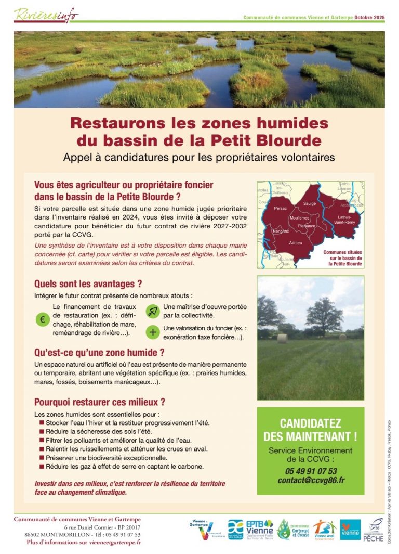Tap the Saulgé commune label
pyautogui.click(x=309, y=203)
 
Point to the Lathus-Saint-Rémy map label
pyautogui.click(x=345, y=220)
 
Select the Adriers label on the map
pyautogui.click(x=296, y=243)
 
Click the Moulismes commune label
pyautogui.click(x=300, y=218)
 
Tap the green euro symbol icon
pyautogui.click(x=42, y=319)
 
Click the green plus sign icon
pyautogui.click(x=152, y=332)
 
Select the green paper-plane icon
pyautogui.click(x=152, y=311)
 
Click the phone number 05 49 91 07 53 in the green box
pyautogui.click(x=311, y=471)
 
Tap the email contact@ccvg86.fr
pyautogui.click(x=311, y=480)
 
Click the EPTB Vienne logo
pyautogui.click(x=259, y=529)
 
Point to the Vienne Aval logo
pyautogui.click(x=325, y=529)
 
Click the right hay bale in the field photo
pyautogui.click(x=343, y=337)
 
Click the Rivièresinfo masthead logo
pyautogui.click(x=46, y=15)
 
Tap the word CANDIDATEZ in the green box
pyautogui.click(x=311, y=423)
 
